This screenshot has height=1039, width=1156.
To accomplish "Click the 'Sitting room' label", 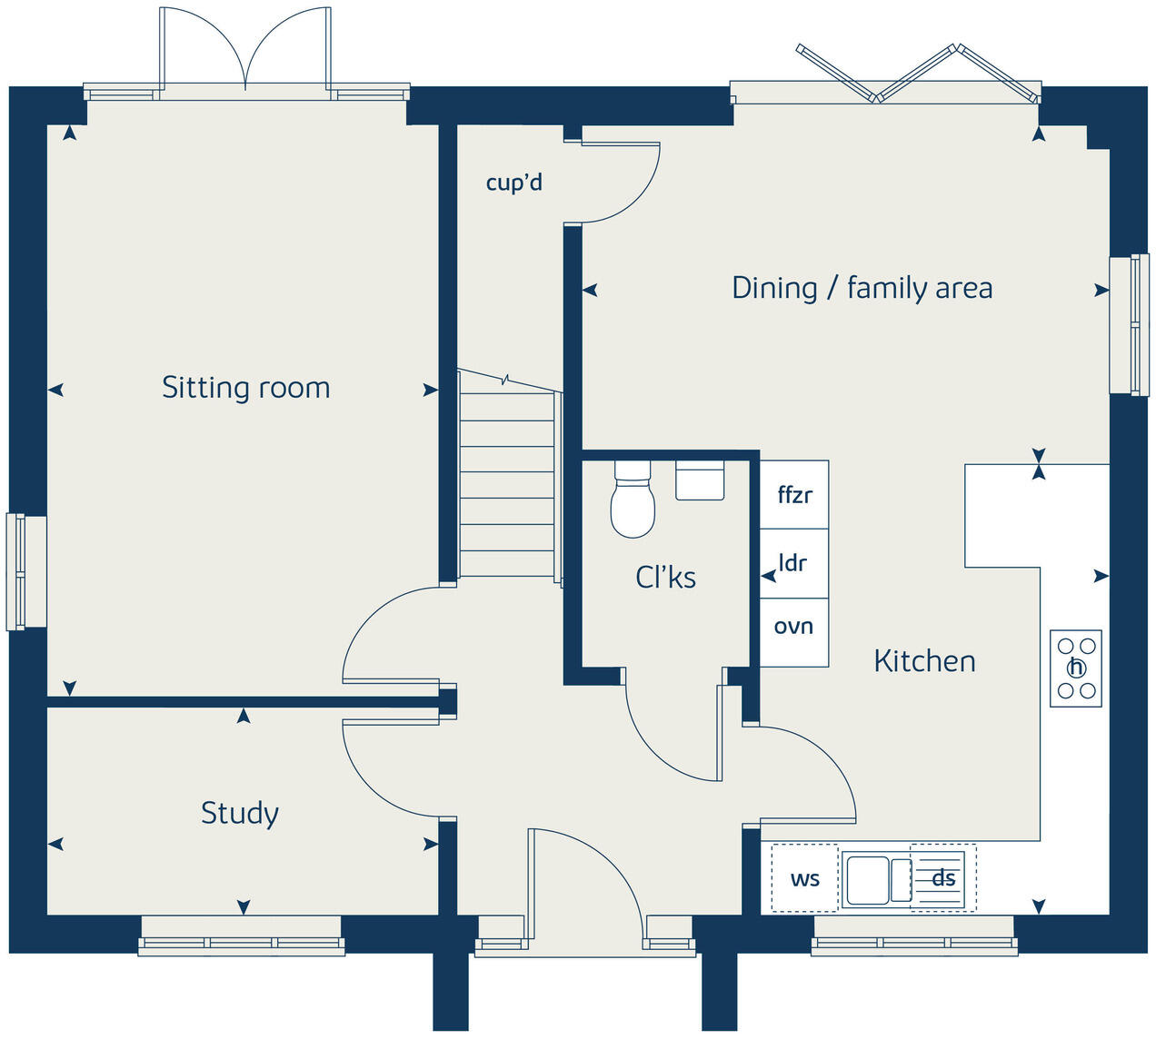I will point(245,388).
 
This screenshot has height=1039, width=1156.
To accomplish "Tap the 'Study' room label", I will point(239,813).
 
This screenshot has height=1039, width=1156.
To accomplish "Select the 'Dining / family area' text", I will point(862,289).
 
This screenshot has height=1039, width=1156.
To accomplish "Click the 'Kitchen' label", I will point(924,661).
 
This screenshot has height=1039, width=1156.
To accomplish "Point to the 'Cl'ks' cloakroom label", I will point(665,578).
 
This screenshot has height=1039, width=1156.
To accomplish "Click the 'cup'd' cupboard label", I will point(513,183).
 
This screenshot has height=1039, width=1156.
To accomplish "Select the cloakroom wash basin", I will point(700,480).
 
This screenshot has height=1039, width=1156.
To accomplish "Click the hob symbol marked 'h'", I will point(1076,668).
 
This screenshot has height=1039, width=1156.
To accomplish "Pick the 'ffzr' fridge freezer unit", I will point(794,495).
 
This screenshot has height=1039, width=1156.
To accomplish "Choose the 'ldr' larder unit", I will point(794,563).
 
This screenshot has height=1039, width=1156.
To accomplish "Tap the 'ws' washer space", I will point(804,878).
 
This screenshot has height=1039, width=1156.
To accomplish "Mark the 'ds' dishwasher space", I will point(943,878).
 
